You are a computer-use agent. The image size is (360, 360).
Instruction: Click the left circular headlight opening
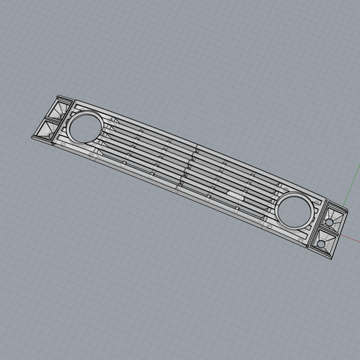tap(85, 127)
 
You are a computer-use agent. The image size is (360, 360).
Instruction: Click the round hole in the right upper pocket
tap(329, 223)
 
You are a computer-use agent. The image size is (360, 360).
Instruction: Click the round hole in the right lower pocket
tap(321, 243)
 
